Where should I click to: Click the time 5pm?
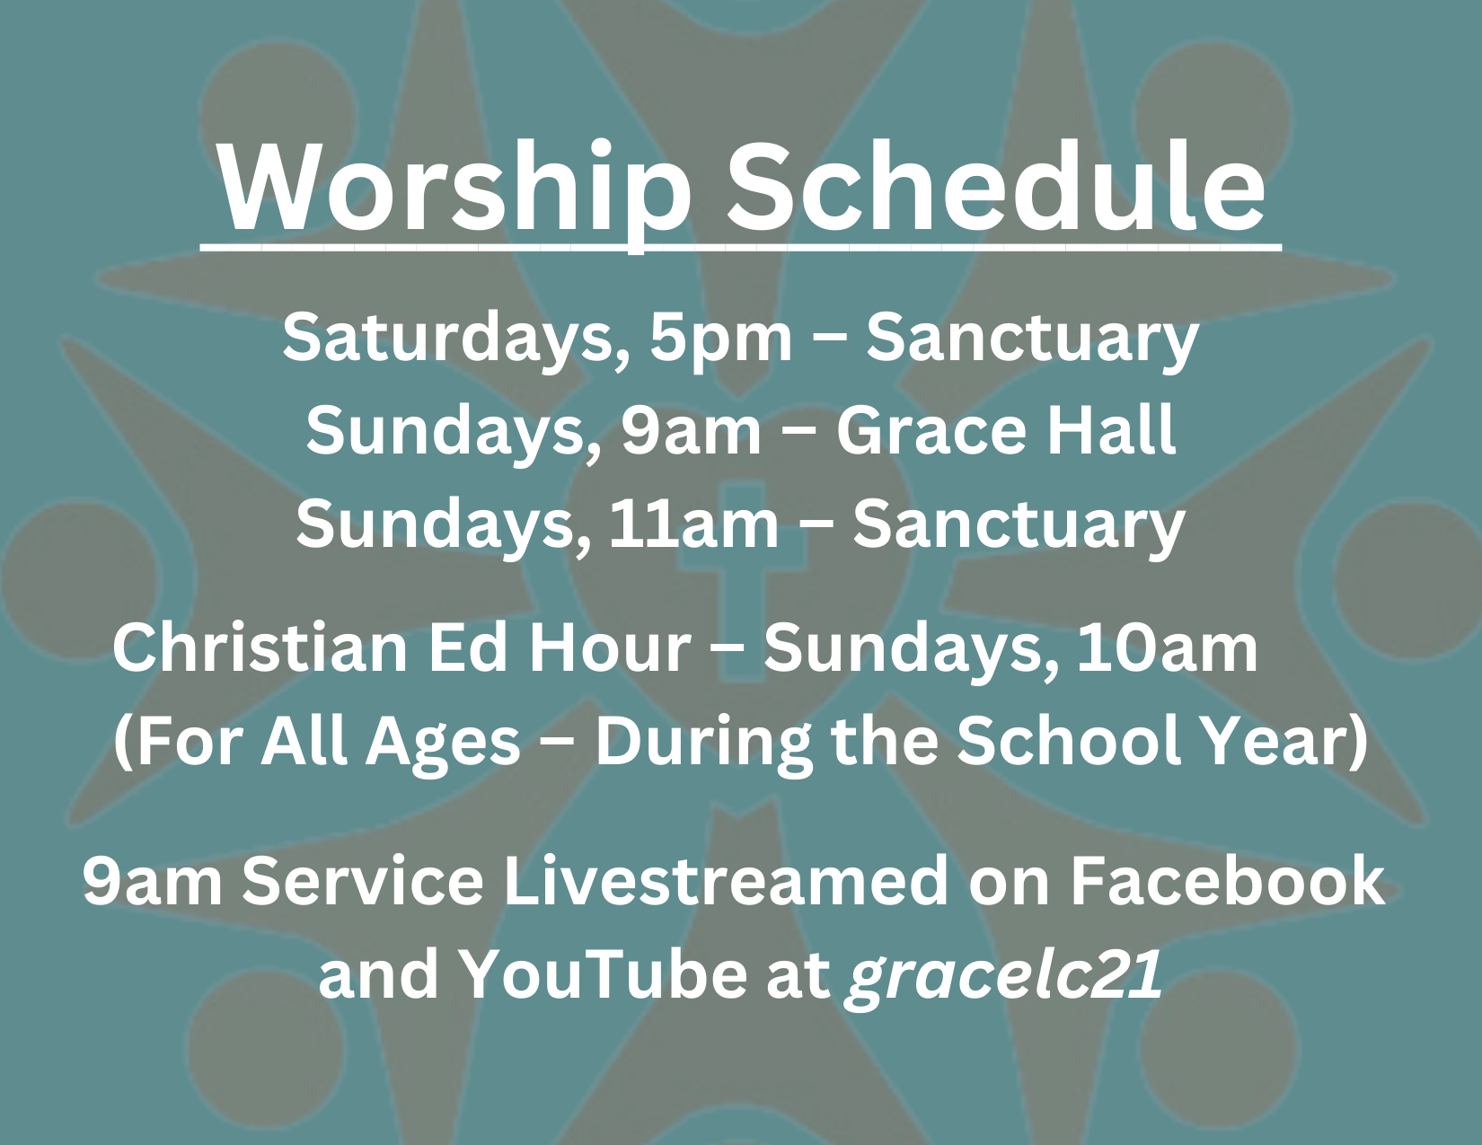pyautogui.click(x=721, y=339)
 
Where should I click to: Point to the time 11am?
pyautogui.click(x=693, y=523)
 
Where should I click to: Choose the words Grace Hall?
pyautogui.click(x=1007, y=429)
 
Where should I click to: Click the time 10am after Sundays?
pyautogui.click(x=1167, y=648)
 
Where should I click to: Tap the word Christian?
pyautogui.click(x=260, y=647)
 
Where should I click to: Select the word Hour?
pyautogui.click(x=610, y=647)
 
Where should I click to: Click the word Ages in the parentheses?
pyautogui.click(x=444, y=743)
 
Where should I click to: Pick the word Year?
pyautogui.click(x=1275, y=741)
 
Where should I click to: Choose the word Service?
pyautogui.click(x=363, y=882)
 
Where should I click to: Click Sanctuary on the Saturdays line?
pyautogui.click(x=1033, y=339)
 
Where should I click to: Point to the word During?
pyautogui.click(x=704, y=743)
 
